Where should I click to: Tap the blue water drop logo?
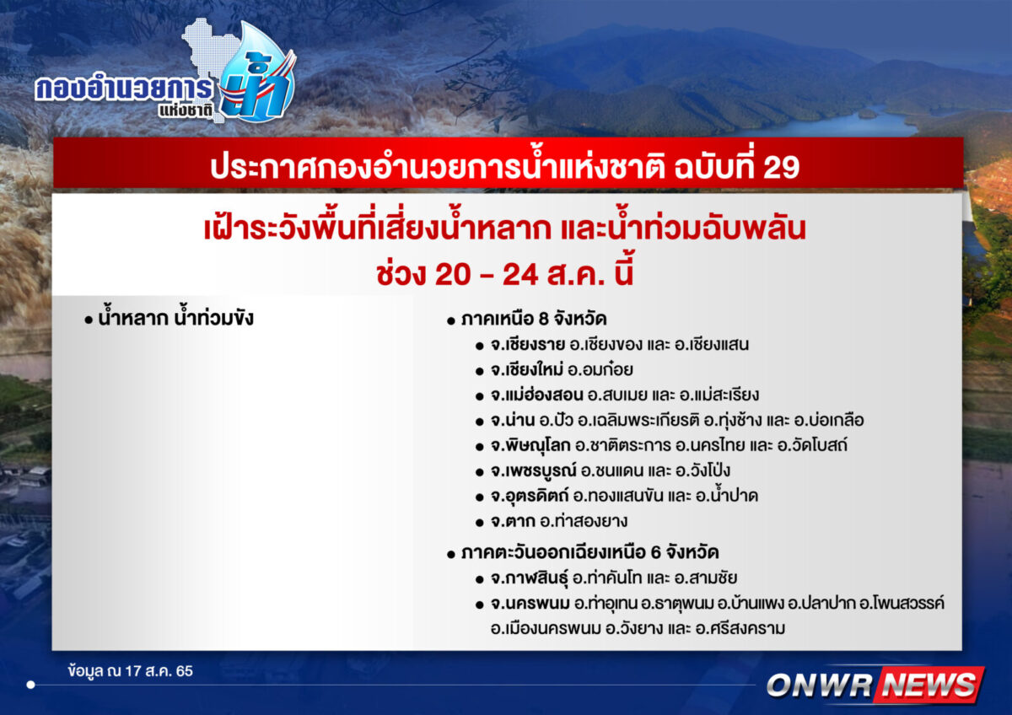(257, 73)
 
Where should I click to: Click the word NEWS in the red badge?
(929, 685)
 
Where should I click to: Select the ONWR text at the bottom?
(819, 685)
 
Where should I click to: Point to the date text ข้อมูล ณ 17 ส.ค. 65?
(131, 671)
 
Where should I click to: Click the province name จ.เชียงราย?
(528, 345)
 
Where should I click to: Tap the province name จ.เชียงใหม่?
(527, 370)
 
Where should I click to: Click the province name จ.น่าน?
(513, 420)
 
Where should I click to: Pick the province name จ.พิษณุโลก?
(530, 445)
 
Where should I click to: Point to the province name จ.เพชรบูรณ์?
(533, 470)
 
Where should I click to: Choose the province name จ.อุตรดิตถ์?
(530, 496)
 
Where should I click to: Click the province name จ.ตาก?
(513, 521)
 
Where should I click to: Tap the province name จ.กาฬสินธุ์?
(529, 578)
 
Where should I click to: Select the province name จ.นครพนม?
(530, 604)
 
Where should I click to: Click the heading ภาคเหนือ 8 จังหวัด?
(534, 320)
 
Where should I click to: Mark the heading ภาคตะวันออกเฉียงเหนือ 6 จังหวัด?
(590, 552)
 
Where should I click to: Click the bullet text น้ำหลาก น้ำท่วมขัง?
(175, 318)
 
